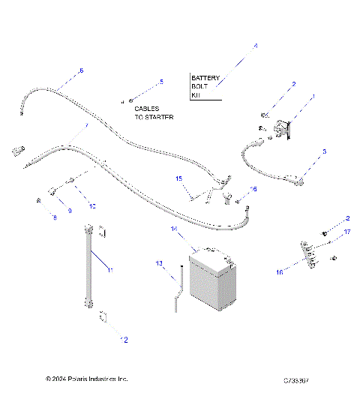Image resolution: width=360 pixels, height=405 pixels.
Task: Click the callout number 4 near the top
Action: point(255,46)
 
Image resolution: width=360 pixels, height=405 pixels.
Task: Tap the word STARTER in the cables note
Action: point(160,118)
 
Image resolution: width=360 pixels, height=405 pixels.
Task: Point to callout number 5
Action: point(160,81)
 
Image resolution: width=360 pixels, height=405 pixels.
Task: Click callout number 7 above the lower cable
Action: point(85,126)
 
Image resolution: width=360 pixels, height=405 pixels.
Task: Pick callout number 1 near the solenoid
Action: point(313,96)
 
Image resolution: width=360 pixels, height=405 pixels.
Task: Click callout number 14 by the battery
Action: point(172,228)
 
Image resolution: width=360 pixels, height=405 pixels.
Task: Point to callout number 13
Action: point(159,264)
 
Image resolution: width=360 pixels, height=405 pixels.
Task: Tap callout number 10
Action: point(92,205)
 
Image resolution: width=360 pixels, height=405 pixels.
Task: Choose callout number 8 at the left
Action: point(54,217)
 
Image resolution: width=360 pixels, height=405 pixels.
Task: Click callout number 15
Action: point(178,178)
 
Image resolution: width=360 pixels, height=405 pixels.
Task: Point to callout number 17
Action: point(346,232)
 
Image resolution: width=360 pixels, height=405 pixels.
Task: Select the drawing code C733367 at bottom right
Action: point(294,380)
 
